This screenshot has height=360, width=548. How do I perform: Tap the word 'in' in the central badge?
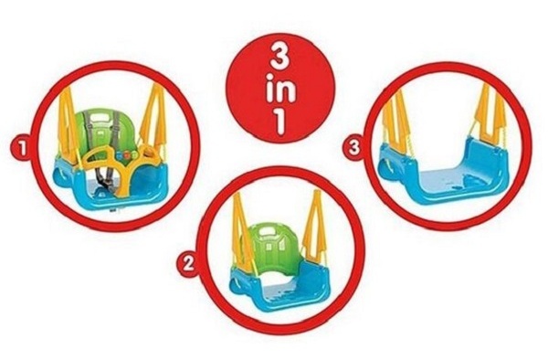pos(280,90)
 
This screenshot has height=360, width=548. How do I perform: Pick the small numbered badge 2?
pos(189,263)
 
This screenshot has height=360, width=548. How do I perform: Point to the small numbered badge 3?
pos(353,147)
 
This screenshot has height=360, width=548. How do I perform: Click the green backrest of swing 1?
pos(101,131)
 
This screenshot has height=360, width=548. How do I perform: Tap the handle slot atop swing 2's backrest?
pos(269,231)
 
